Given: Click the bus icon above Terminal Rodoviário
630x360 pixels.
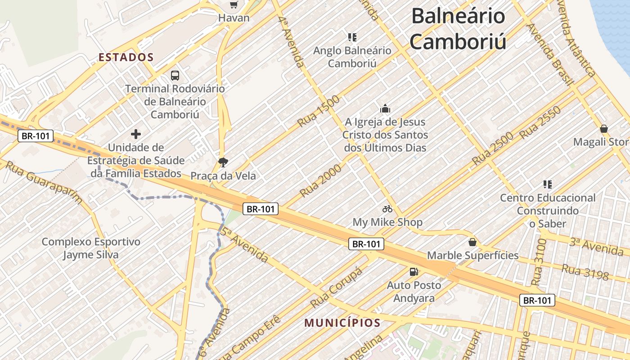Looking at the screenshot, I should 175,76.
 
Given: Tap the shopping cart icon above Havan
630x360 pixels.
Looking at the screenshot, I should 234,4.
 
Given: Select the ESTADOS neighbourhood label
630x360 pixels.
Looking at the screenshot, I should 126,58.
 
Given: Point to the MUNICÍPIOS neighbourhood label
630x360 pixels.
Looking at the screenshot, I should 342,323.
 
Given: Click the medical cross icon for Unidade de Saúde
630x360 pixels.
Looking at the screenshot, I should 136,134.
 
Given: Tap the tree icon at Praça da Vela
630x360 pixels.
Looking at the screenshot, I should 223,162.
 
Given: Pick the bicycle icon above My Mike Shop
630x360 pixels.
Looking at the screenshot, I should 387,209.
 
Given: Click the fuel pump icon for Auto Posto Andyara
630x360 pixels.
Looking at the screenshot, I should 414,271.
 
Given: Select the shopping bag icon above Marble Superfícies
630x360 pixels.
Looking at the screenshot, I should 472,242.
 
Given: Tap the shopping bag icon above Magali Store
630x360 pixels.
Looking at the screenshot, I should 604,129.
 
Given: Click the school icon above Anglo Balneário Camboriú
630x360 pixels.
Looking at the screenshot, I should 352,37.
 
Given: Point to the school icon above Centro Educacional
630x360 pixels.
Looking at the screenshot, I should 548,184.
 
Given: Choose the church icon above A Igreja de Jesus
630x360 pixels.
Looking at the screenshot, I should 385,108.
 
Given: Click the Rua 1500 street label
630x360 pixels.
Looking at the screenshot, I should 319,111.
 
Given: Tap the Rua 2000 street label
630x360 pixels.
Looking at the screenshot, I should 320,181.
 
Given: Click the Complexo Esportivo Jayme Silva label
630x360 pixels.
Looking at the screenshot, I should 91,248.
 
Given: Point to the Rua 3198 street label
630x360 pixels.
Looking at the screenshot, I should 585,272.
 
